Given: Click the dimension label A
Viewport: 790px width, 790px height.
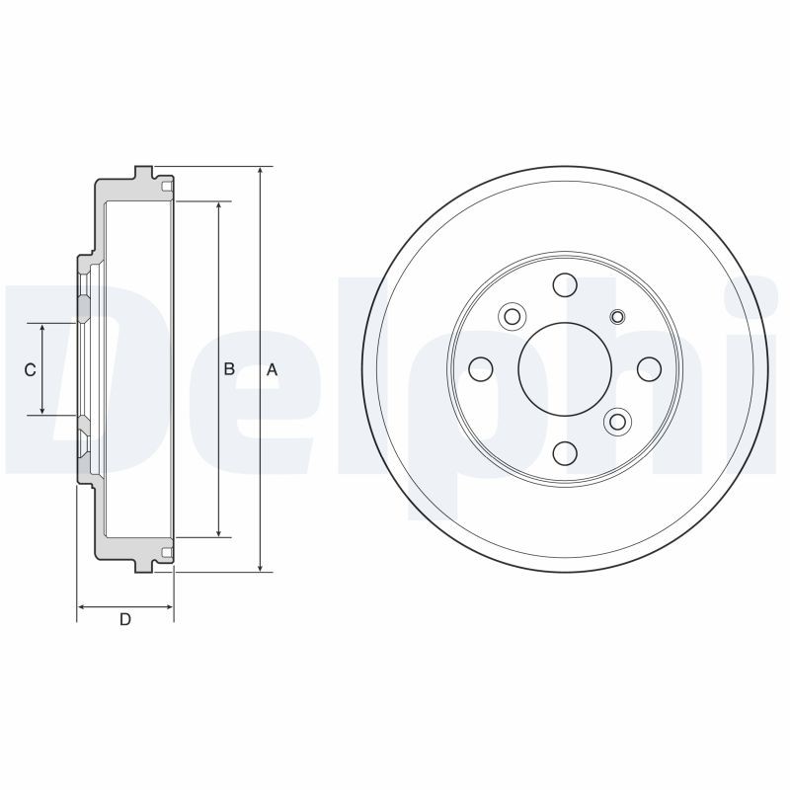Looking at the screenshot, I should click(273, 369).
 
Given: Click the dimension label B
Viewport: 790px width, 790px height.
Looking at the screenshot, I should click(228, 369).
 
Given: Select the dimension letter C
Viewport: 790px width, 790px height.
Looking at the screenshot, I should click(30, 369).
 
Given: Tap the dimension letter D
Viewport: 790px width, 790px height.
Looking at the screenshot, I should click(124, 619).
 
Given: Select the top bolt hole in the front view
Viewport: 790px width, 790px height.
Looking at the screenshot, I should click(565, 284).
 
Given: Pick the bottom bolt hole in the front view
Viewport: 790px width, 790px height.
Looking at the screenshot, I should click(565, 453).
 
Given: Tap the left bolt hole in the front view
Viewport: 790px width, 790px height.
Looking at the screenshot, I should click(481, 369).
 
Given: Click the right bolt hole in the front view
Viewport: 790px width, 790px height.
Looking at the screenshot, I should click(649, 369).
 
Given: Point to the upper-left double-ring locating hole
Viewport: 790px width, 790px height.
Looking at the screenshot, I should click(512, 316).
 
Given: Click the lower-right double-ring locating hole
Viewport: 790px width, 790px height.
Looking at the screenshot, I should click(618, 423).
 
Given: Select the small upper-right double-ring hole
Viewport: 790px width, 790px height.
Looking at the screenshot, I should click(618, 316).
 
